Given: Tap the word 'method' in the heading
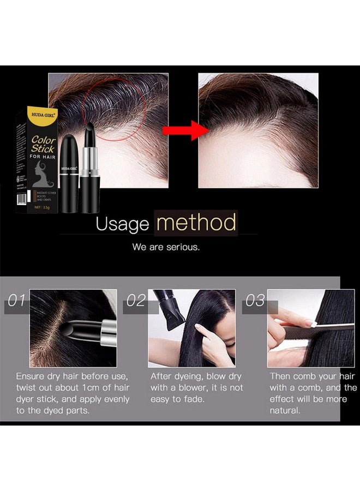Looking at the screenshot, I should point(196,223).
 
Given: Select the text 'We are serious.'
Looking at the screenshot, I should point(166,247).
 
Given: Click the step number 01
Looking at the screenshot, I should point(16,301).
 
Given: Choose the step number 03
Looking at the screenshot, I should point(255,301).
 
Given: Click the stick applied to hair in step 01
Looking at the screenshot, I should point(87,328).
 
